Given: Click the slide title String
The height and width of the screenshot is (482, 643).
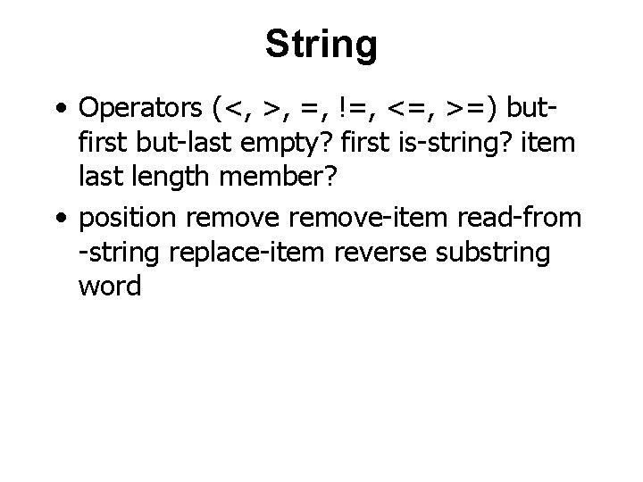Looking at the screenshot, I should (321, 44).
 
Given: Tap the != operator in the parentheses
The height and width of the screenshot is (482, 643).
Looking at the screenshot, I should (350, 108).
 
